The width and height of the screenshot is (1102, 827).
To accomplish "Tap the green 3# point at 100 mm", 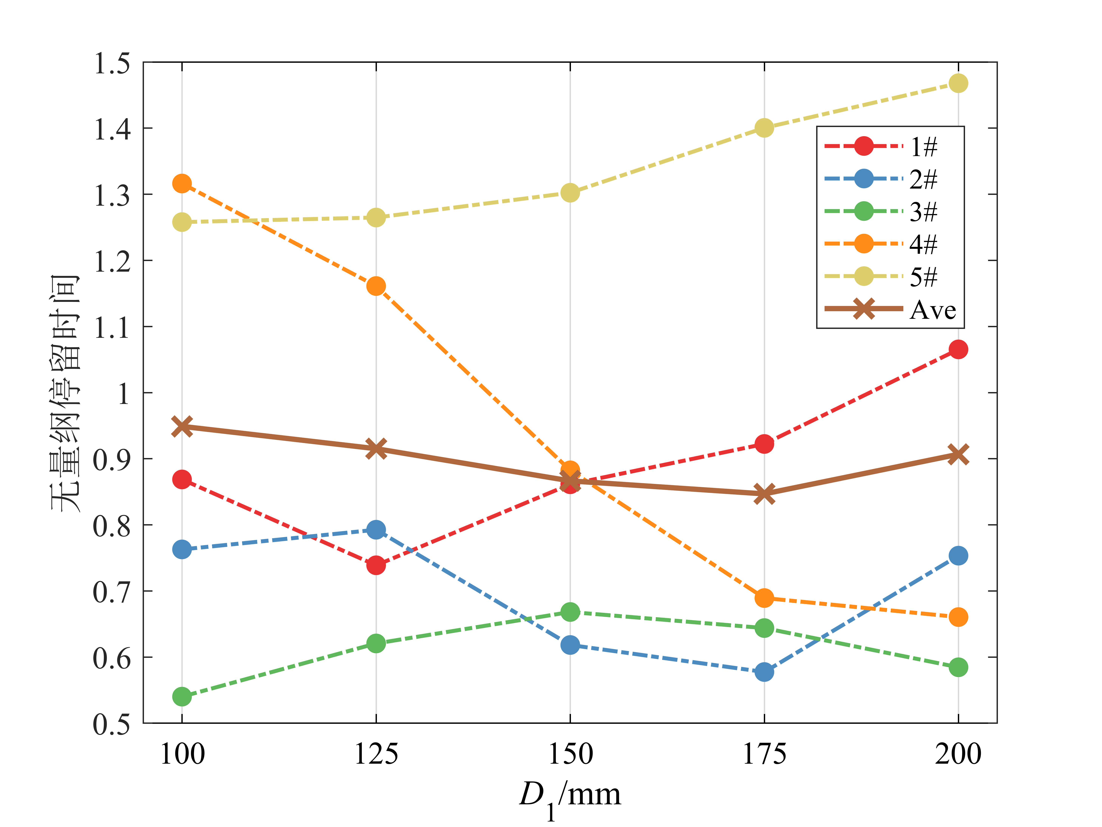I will [x=182, y=696].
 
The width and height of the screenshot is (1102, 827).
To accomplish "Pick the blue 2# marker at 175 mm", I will [x=764, y=672].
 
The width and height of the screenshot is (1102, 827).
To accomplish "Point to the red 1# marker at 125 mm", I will [x=376, y=565].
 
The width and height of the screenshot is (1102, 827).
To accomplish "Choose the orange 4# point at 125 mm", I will [x=376, y=286].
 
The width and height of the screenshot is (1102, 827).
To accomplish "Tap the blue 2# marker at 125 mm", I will [x=376, y=529].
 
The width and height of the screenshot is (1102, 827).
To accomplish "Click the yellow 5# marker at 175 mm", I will [x=764, y=128].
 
